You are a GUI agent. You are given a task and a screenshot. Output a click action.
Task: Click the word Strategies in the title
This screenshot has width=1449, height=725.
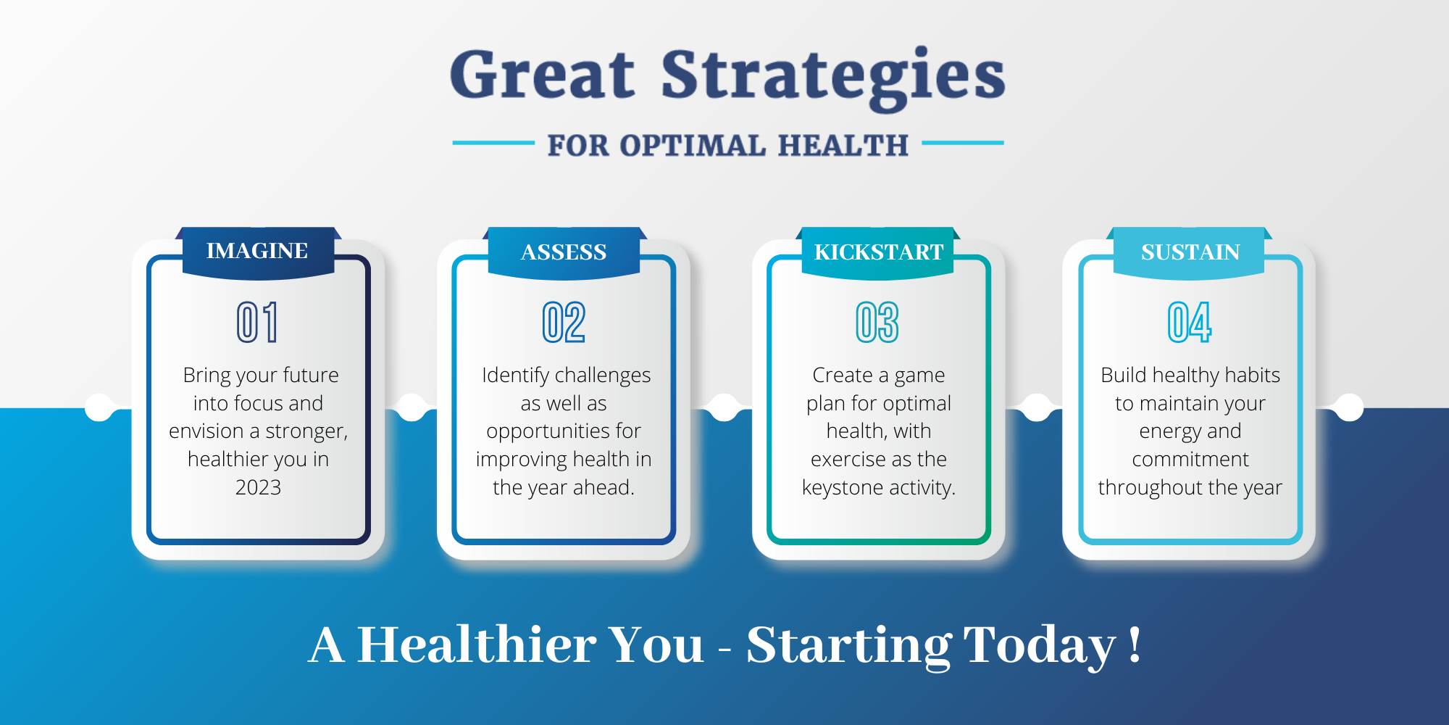click(833, 78)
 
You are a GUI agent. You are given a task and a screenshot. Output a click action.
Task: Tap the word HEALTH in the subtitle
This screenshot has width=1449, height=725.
click(843, 146)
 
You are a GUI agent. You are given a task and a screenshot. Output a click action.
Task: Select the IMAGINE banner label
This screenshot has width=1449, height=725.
click(257, 251)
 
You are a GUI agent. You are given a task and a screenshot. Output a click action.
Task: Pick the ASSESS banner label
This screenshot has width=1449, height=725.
click(564, 252)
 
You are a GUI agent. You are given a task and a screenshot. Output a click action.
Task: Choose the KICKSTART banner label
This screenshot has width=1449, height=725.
click(879, 252)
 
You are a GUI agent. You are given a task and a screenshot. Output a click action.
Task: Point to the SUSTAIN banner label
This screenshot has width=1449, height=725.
click(1190, 252)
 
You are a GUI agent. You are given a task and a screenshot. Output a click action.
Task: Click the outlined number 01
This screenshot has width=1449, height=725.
click(257, 322)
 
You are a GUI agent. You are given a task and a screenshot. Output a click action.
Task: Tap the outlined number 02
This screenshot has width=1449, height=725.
click(564, 322)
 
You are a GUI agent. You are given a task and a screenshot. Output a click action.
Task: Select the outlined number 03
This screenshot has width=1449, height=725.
click(877, 322)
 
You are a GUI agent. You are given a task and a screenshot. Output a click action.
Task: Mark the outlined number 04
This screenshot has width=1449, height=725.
click(1190, 322)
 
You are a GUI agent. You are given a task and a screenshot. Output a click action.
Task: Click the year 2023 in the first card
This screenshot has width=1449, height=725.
click(258, 487)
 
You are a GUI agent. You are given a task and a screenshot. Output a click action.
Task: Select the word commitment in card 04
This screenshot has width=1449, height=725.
click(1190, 460)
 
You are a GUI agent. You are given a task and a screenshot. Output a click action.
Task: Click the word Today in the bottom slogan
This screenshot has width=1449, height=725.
click(1040, 645)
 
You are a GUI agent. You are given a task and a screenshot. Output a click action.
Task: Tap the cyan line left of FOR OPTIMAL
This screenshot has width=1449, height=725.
click(493, 143)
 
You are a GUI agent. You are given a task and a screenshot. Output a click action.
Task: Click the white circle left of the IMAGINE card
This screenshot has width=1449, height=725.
click(99, 407)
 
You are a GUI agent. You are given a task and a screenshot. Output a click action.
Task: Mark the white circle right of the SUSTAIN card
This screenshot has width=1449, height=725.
click(1349, 407)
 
